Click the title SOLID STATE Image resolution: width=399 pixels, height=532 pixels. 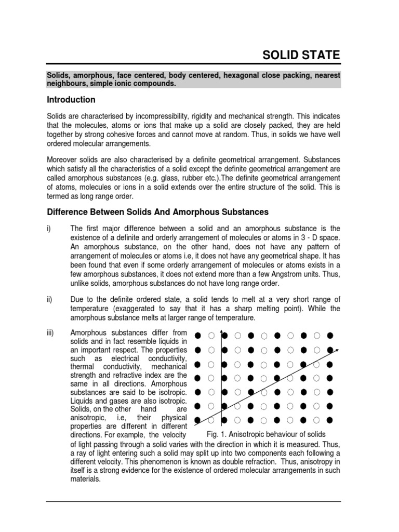[x=301, y=55]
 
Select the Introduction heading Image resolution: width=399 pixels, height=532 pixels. [x=71, y=99]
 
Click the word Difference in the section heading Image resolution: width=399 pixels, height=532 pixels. [x=68, y=212]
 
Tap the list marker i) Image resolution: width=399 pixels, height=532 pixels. [x=49, y=228]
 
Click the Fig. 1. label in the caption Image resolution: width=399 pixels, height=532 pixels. [x=217, y=434]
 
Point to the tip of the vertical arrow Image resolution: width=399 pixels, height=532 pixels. [x=222, y=331]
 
